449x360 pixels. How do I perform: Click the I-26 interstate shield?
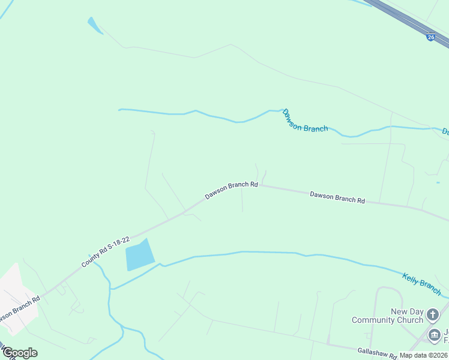[x=430, y=37]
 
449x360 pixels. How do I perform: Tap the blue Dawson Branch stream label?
[x=305, y=121]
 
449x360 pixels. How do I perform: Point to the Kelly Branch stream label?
[x=421, y=281]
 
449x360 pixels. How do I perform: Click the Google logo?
[x=20, y=353]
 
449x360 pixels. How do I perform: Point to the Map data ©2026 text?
[x=423, y=355]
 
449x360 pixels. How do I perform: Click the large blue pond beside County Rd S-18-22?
[x=139, y=255]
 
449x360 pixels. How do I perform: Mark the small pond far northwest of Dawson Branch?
[x=95, y=26]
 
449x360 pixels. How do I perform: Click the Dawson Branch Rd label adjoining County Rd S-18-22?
[x=231, y=190]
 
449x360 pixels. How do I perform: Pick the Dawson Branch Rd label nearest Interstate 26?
[x=337, y=197]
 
